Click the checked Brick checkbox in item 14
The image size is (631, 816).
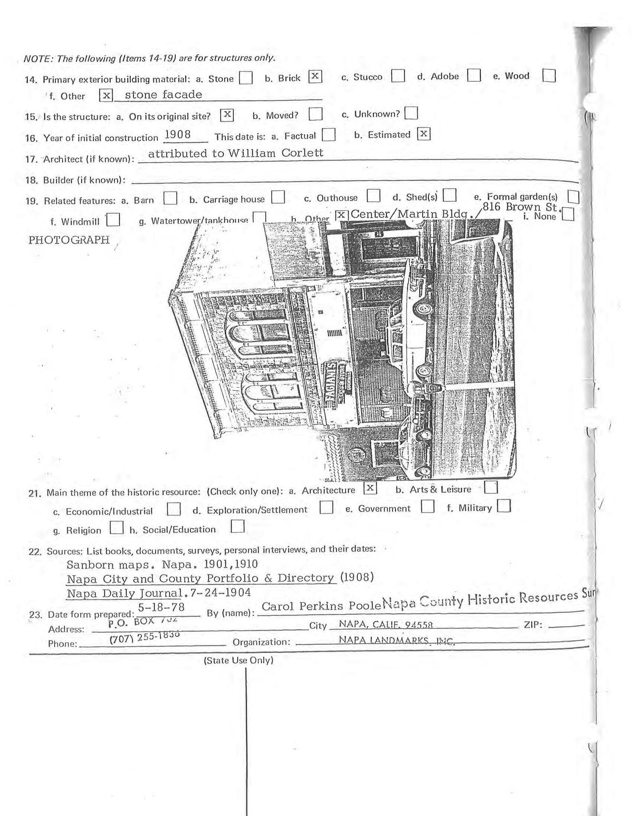[x=315, y=77]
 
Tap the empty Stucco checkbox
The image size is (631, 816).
[x=398, y=76]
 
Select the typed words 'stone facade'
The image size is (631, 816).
[x=164, y=95]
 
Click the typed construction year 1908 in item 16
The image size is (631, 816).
[x=178, y=135]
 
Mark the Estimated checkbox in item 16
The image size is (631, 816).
[x=424, y=134]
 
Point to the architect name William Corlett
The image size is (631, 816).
[x=275, y=153]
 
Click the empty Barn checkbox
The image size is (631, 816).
[x=170, y=198]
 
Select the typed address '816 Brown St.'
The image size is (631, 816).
[x=520, y=207]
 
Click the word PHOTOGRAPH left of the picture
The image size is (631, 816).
[x=69, y=240]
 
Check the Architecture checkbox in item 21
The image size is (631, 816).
[x=370, y=488]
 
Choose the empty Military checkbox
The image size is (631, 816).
[x=504, y=506]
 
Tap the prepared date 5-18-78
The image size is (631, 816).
[x=162, y=607]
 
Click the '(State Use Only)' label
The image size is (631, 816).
[x=239, y=660]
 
